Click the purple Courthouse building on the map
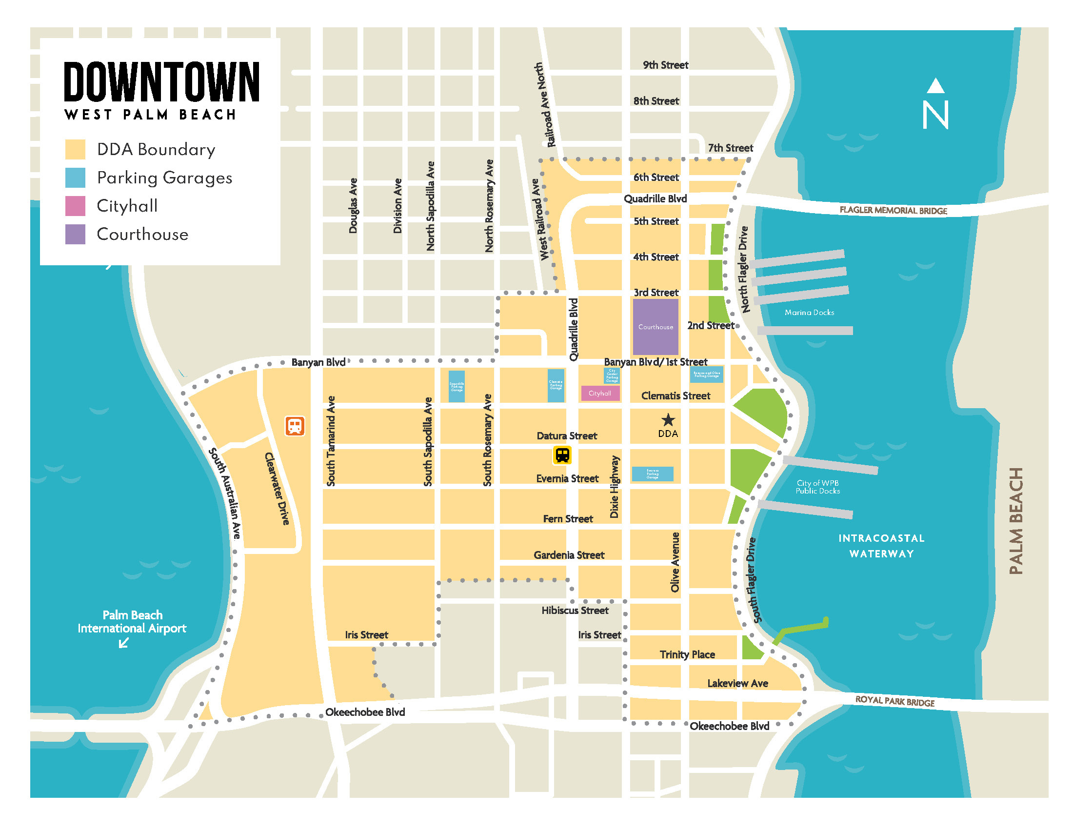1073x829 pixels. pos(656,327)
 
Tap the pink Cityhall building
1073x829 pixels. pos(600,394)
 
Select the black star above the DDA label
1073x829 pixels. pos(668,420)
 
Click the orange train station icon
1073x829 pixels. pos(295,426)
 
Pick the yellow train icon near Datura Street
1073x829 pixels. pos(562,455)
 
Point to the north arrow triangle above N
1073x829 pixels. pos(935,86)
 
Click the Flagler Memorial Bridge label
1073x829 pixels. pos(893,210)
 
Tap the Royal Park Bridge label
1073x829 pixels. pos(894,701)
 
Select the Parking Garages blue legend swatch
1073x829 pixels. pos(75,178)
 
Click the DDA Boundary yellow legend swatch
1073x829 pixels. pos(75,149)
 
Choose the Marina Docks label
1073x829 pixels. pos(809,313)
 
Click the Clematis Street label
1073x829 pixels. pos(676,396)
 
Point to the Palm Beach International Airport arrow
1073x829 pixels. pos(124,643)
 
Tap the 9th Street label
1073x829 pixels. pos(665,65)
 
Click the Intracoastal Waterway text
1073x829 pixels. pos(881,546)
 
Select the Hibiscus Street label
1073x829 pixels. pos(575,611)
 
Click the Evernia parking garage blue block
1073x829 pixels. pos(652,474)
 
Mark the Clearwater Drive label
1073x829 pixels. pos(277,489)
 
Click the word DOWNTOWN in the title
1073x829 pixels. pos(161,82)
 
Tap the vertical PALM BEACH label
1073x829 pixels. pos(1016,521)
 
